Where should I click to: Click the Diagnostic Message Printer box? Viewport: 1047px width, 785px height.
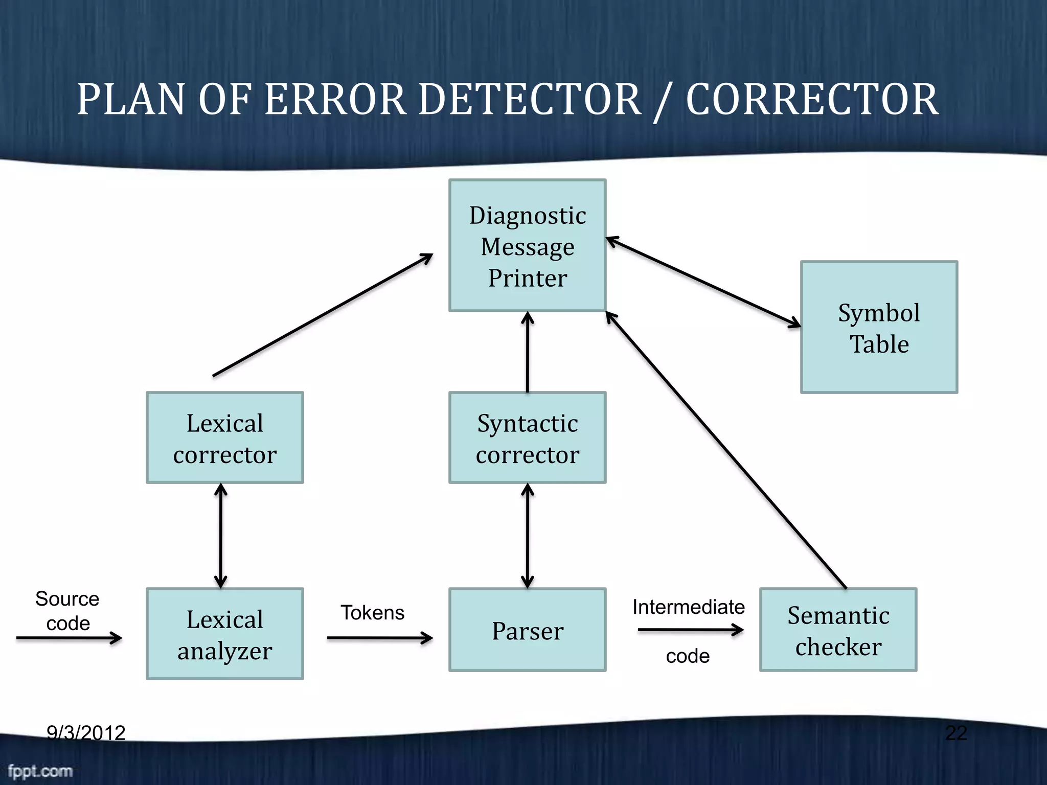pos(527,245)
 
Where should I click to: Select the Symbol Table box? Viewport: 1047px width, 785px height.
pos(878,327)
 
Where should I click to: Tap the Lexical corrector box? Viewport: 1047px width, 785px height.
pos(224,438)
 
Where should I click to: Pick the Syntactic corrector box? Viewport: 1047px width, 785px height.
pos(527,438)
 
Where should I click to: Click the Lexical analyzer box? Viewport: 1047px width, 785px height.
pos(224,634)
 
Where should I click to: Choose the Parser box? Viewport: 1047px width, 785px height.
pos(527,630)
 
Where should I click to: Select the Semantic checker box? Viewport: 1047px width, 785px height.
pos(838,630)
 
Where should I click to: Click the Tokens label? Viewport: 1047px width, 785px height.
pos(372,612)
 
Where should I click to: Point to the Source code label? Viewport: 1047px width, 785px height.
pos(67,610)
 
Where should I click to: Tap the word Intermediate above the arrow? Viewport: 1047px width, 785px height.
pos(688,607)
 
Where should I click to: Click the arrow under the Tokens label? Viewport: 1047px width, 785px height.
pos(379,638)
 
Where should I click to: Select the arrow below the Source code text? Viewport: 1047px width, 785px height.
pos(69,638)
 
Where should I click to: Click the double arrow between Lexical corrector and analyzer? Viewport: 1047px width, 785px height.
pos(220,536)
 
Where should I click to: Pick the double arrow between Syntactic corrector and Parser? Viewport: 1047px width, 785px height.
pos(527,536)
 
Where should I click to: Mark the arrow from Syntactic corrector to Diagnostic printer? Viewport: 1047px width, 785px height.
pos(527,353)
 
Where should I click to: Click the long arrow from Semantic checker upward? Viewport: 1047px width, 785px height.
pos(726,450)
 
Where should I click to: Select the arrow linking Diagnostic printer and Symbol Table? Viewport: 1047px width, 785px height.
pos(703,282)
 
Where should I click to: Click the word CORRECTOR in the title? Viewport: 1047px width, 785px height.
pos(812,100)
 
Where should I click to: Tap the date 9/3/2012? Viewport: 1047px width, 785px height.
pos(86,733)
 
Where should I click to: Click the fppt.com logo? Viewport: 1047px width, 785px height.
pos(40,771)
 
